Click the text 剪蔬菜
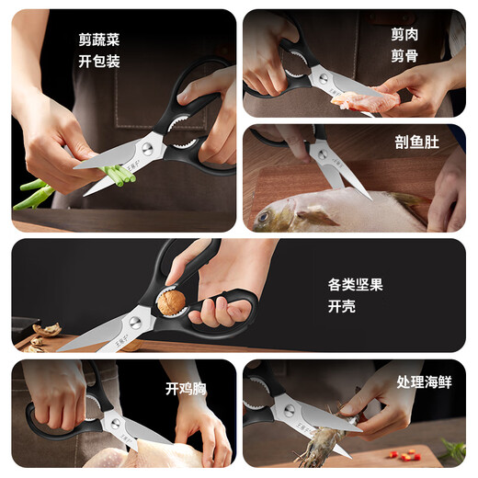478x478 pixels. pos(99,40)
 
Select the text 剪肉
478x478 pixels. pos(404,34)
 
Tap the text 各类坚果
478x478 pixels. pos(355,284)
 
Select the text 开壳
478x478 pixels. pos(341,309)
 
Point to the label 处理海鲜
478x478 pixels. pos(424,381)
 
